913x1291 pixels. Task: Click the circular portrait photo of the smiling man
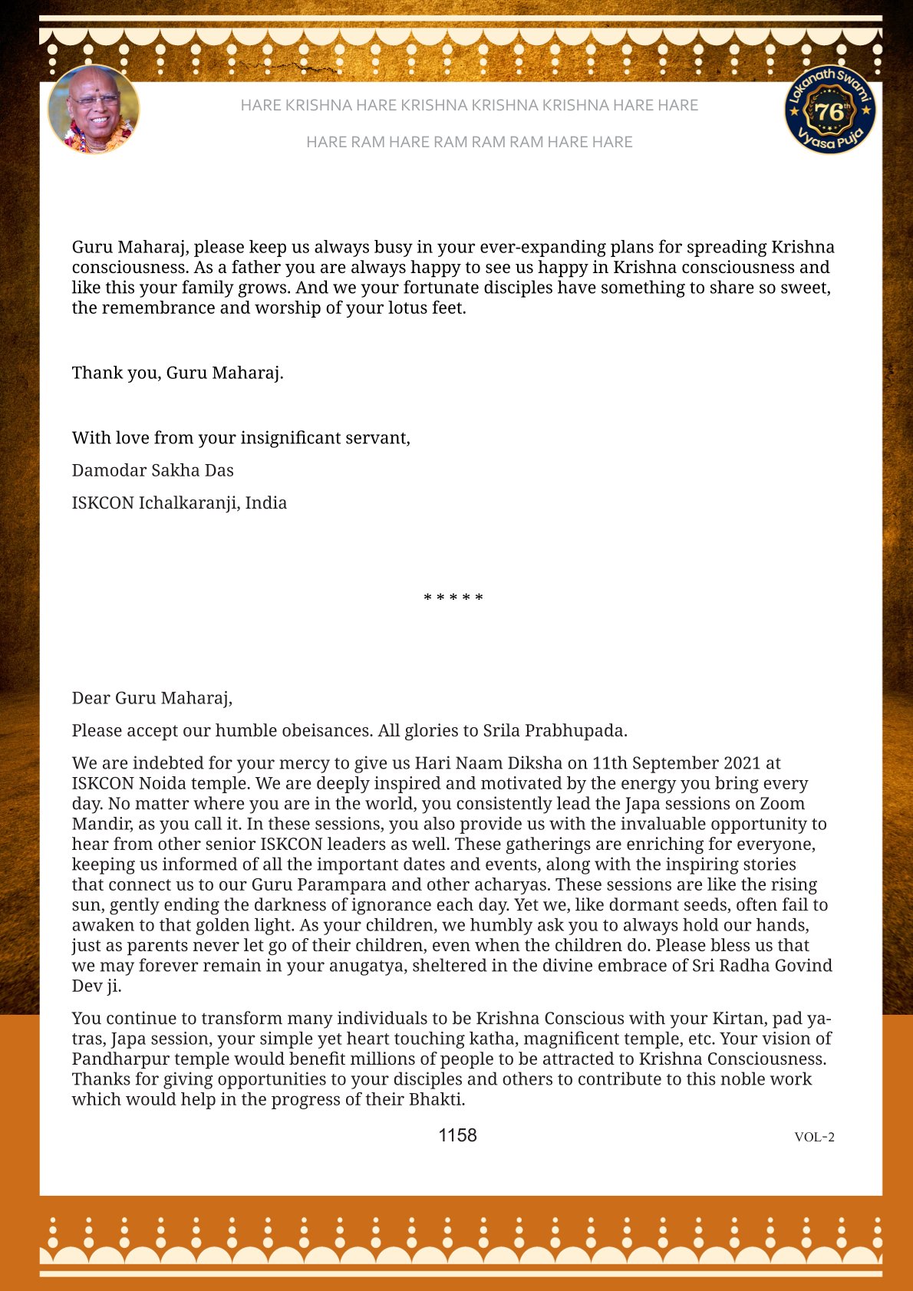[x=94, y=110]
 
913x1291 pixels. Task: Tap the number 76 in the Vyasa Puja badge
[x=829, y=112]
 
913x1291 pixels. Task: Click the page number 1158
[x=457, y=1135]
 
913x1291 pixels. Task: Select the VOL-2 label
[x=814, y=1137]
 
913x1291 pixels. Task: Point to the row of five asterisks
[x=453, y=598]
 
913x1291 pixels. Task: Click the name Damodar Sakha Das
[x=153, y=470]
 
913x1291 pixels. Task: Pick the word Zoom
[x=782, y=804]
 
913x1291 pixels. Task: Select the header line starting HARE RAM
[x=469, y=142]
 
